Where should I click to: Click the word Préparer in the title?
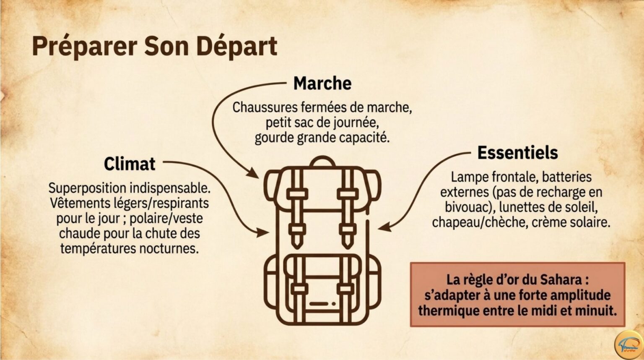click(x=85, y=47)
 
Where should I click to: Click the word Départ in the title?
click(x=237, y=47)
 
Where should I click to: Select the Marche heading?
click(x=322, y=83)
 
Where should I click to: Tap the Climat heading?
click(x=130, y=164)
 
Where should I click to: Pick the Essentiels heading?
click(x=517, y=153)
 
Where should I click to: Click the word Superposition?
click(x=87, y=188)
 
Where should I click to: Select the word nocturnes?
click(x=169, y=248)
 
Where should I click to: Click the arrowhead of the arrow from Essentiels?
click(x=384, y=227)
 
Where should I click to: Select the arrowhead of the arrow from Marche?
click(x=253, y=173)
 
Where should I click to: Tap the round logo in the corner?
click(x=628, y=345)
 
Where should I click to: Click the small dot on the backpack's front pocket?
click(x=334, y=304)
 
